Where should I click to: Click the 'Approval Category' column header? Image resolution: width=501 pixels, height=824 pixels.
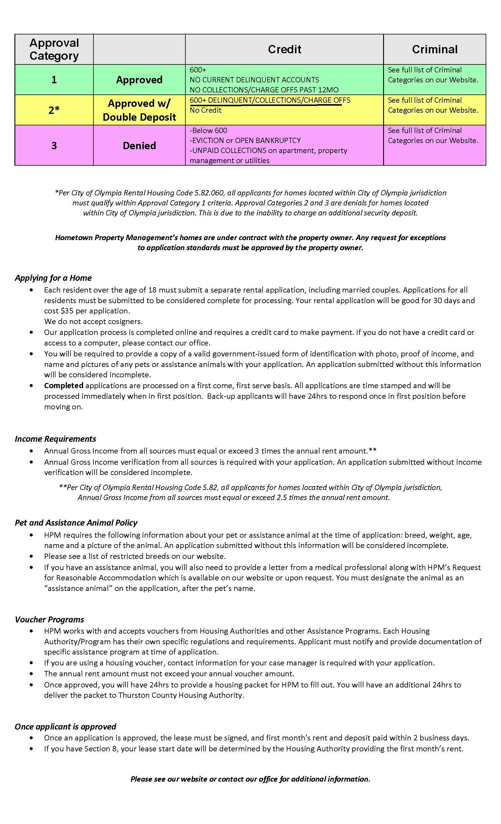point(54,49)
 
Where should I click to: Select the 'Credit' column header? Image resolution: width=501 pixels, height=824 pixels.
point(284,49)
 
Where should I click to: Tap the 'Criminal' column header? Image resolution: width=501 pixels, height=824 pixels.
point(434,49)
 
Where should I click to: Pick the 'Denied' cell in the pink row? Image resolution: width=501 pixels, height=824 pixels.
point(139,145)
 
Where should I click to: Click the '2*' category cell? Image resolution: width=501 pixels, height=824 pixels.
point(54,110)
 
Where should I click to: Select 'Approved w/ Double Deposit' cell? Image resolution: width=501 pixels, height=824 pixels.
point(139,110)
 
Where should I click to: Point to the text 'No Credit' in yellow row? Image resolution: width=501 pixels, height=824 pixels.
point(205,110)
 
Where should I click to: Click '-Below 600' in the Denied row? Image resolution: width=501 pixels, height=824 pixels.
point(208,130)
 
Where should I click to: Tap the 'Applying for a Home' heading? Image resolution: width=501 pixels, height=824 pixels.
point(53,278)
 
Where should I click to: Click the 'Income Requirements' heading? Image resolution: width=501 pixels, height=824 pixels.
point(55,439)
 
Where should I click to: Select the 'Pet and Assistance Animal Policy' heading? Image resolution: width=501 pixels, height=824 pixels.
point(76,523)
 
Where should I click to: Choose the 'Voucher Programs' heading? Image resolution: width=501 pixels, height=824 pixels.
point(49,619)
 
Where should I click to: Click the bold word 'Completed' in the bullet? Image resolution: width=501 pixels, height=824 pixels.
point(64,386)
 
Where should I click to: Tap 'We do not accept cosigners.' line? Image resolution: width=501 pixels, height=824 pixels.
point(93,322)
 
